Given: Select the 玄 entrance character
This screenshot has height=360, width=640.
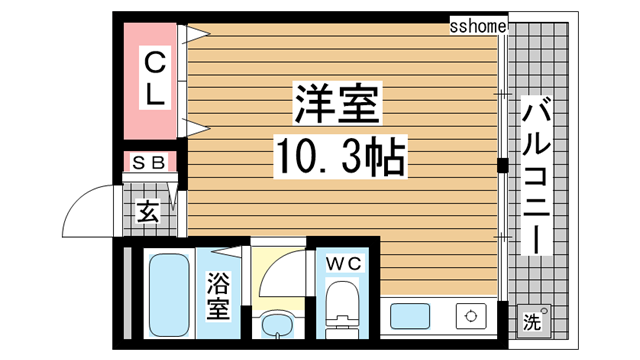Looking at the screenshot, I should [x=148, y=211].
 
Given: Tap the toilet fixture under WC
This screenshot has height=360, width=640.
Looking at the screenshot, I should [x=342, y=304].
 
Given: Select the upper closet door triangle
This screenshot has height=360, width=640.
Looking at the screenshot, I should [x=194, y=32].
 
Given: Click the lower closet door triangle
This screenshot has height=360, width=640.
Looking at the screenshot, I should [x=194, y=127].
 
